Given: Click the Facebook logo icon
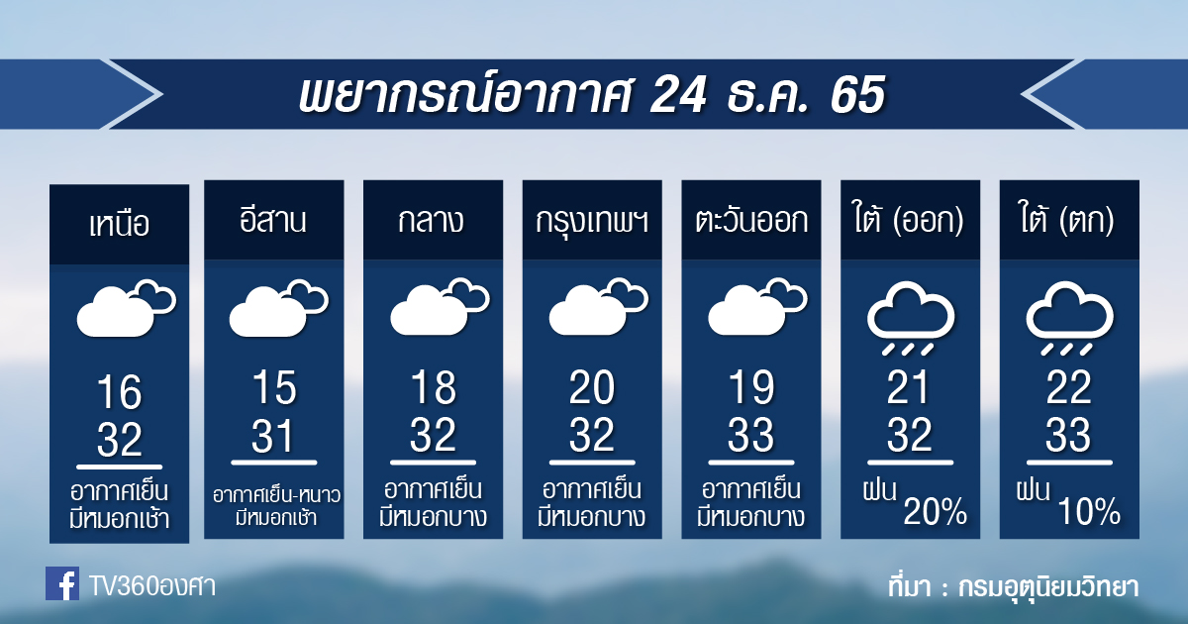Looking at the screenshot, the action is (x=62, y=583).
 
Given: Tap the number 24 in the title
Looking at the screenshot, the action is (x=678, y=95).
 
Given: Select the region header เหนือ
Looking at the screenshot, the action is (x=120, y=225).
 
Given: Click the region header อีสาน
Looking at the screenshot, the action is (x=273, y=220).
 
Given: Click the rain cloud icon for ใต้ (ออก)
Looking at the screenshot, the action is (x=911, y=318).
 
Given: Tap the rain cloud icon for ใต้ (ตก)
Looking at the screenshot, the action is (x=1070, y=318).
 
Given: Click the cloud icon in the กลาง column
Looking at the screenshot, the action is (x=440, y=306).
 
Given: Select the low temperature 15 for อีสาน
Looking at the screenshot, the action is (x=274, y=388).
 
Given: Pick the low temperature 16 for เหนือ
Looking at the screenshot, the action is (x=120, y=392).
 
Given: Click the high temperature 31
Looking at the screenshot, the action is (x=272, y=436).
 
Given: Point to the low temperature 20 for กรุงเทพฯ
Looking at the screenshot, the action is (x=592, y=388).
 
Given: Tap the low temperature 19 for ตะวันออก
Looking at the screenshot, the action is (x=751, y=388).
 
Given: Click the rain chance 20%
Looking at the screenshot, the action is (x=935, y=511).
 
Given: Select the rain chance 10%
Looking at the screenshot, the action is (x=1089, y=511).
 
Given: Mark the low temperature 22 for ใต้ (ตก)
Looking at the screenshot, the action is (x=1068, y=388).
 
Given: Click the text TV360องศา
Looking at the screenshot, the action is (x=152, y=586).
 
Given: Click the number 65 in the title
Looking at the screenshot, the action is (x=857, y=95).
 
